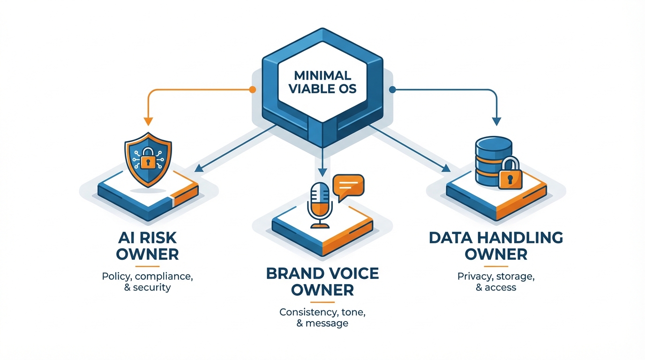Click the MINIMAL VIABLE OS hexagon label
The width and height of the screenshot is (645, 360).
pyautogui.click(x=322, y=82)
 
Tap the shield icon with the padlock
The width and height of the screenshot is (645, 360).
pyautogui.click(x=148, y=160)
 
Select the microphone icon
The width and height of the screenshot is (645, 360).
pyautogui.click(x=320, y=204)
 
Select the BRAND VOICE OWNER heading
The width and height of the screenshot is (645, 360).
pyautogui.click(x=322, y=281)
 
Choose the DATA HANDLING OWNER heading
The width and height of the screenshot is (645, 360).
pyautogui.click(x=496, y=246)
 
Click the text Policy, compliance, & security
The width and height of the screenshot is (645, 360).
pyautogui.click(x=147, y=282)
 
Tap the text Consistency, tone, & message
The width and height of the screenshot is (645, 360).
pyautogui.click(x=322, y=317)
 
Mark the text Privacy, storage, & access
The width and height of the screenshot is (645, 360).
pyautogui.click(x=496, y=282)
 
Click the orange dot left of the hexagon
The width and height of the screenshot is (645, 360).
pyautogui.click(x=253, y=89)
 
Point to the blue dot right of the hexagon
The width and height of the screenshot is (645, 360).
pyautogui.click(x=393, y=89)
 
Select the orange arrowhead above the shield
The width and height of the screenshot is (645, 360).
pyautogui.click(x=148, y=121)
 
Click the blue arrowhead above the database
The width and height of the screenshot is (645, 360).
pyautogui.click(x=496, y=121)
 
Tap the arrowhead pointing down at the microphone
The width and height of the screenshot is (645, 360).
pyautogui.click(x=322, y=171)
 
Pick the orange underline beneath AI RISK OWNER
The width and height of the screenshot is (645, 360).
pyautogui.click(x=147, y=266)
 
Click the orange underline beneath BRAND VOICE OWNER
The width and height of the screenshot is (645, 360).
pyautogui.click(x=322, y=301)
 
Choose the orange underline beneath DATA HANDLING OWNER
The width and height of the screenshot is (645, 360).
pyautogui.click(x=496, y=266)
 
